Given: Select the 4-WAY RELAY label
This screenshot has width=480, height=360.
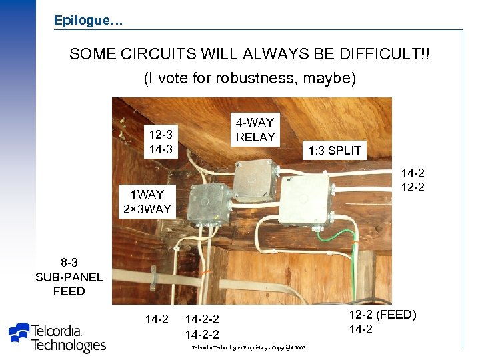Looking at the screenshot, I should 255,130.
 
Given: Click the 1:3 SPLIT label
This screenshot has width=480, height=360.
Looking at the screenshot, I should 334,151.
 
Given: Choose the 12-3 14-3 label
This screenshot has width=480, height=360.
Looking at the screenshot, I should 160,142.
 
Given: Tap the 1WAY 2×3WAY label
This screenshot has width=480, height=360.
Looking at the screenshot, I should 147,202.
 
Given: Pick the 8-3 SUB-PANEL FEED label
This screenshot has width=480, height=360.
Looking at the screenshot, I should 69,277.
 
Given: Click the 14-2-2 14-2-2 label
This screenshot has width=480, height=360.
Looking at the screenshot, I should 202,327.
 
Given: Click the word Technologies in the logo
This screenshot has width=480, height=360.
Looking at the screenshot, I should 69,345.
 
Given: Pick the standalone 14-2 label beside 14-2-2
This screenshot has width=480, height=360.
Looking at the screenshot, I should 157,319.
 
